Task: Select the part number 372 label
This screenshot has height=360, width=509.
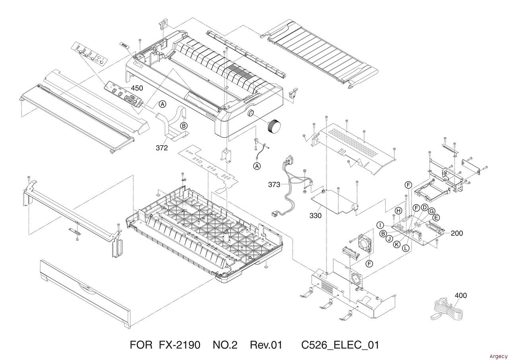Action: coord(162,148)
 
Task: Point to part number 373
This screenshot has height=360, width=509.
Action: coord(274,185)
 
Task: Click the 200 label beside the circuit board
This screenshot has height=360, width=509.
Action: coord(457,233)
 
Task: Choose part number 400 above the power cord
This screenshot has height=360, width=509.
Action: coord(460,296)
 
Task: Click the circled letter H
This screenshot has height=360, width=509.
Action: coord(398,210)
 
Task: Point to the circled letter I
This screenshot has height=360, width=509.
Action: coord(381,226)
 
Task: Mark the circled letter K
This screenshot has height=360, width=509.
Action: coord(396,244)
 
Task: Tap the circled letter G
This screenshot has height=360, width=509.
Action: coord(431,211)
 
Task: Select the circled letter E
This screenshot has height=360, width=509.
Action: coord(436,218)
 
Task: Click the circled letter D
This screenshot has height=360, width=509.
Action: coord(425,207)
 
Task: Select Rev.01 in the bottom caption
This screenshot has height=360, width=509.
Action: coord(266,344)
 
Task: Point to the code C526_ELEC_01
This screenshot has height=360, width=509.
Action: coord(340,344)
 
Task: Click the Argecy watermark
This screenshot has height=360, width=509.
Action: coord(498,356)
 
